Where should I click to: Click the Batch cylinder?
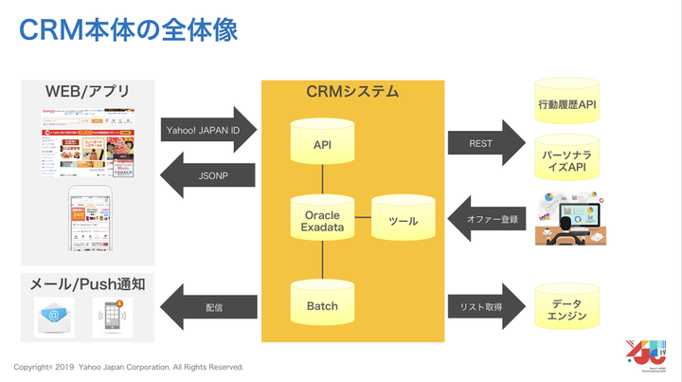click(x=322, y=306)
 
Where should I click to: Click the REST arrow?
click(x=485, y=143)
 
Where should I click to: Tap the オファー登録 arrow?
click(x=485, y=221)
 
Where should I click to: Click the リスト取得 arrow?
click(x=485, y=306)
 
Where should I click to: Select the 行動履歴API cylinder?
click(x=567, y=103)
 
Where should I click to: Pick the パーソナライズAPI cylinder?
click(x=567, y=158)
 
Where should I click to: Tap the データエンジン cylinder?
click(x=567, y=308)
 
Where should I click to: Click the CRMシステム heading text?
click(x=352, y=92)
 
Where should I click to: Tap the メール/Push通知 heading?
click(x=87, y=284)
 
